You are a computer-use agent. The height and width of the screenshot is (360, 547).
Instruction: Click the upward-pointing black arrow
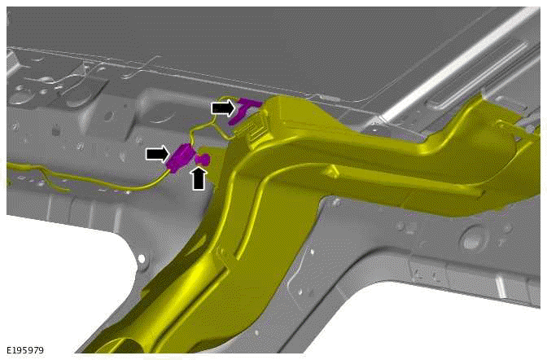coord(199,178)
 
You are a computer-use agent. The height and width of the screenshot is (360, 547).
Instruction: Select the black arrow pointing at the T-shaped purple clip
coord(223,108)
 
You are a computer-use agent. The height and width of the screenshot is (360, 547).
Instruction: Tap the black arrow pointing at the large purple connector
coord(158,154)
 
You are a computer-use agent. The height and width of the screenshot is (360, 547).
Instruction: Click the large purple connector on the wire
coord(181,158)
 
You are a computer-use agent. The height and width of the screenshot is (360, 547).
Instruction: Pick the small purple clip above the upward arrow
coord(203,159)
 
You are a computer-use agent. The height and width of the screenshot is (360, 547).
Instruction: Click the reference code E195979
coord(25,350)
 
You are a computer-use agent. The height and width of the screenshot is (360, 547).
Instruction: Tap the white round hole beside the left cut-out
coord(142,259)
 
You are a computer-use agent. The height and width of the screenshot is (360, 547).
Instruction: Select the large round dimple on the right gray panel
coord(471,239)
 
